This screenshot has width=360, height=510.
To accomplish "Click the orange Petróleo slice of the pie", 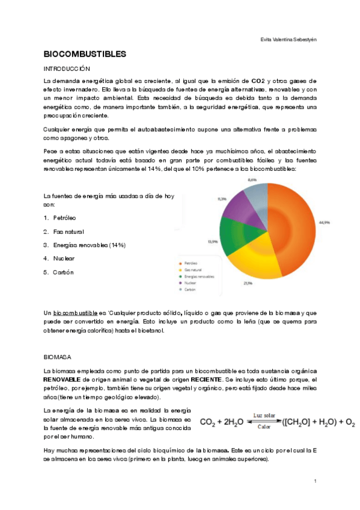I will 294,217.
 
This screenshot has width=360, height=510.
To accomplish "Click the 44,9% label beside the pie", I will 324,223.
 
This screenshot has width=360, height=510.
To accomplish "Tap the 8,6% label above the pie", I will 253,179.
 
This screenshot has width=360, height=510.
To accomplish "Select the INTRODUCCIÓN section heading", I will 67,69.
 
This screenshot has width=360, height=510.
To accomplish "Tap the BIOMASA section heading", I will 58,357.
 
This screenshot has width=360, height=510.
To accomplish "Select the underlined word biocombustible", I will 75,313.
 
